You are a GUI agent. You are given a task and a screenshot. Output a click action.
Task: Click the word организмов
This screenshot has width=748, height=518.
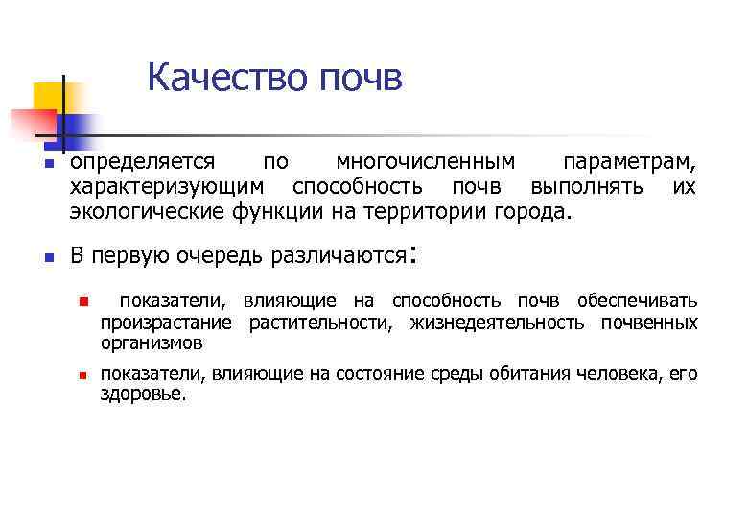pyautogui.click(x=152, y=342)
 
